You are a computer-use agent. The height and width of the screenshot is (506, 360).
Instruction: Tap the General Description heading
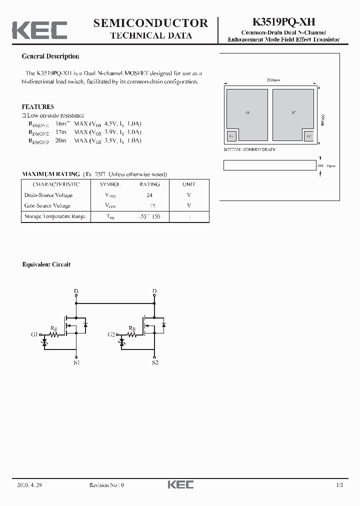(50, 56)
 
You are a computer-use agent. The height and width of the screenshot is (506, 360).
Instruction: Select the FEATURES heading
(38, 106)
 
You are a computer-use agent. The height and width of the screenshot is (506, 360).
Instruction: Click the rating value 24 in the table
(149, 195)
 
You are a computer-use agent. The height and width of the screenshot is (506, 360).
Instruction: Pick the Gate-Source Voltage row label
(47, 205)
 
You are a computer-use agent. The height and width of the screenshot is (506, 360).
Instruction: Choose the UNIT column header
(189, 184)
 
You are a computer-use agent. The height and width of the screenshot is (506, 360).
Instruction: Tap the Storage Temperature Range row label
(55, 216)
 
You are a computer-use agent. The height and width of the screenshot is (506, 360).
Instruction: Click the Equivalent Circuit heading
(46, 264)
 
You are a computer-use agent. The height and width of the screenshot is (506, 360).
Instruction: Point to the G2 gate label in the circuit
(112, 333)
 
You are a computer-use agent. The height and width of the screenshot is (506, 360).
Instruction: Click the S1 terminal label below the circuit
(76, 362)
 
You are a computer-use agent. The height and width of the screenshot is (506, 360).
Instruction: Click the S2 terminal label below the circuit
(154, 362)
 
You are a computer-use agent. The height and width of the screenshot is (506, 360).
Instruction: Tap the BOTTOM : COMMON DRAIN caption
(249, 149)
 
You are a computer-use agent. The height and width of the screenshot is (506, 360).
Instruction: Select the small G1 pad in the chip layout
(231, 136)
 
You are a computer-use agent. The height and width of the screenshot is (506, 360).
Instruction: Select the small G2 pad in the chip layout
(308, 136)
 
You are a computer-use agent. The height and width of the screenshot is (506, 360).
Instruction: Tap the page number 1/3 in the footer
(339, 485)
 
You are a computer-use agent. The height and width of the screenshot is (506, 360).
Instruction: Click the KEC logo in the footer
(180, 484)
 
